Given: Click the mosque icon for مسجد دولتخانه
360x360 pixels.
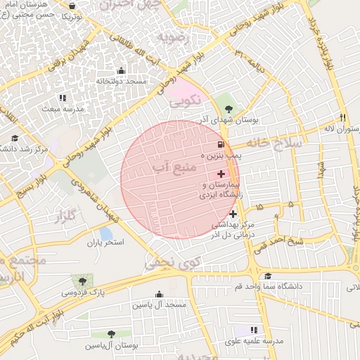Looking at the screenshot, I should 121,70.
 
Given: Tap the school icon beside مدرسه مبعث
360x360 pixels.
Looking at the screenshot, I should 62,98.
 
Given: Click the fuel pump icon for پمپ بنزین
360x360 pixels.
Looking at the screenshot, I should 212,143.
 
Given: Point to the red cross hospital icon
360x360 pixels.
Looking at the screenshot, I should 221,173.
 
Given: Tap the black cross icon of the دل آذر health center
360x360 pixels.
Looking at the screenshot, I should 233,214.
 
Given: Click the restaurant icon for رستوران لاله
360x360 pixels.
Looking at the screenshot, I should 343,117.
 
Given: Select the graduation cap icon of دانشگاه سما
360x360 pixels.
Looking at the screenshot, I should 267,276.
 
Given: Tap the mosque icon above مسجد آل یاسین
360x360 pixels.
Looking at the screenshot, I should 159,294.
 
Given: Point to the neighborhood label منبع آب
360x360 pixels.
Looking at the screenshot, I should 169,169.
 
